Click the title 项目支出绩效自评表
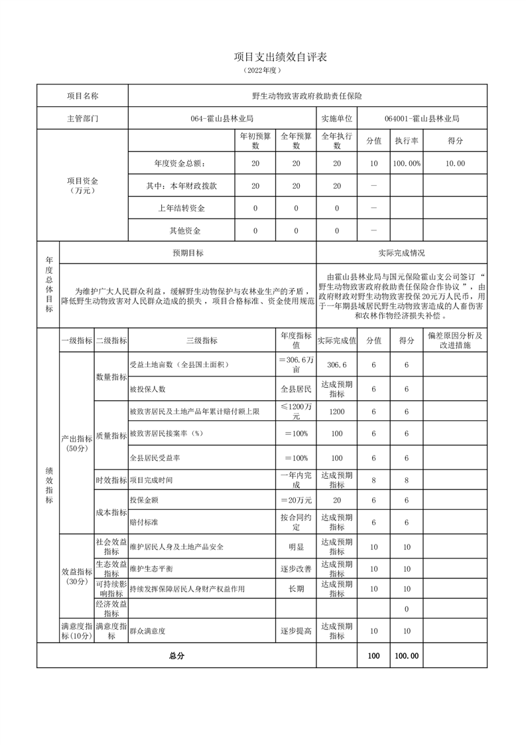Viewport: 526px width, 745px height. pos(281,57)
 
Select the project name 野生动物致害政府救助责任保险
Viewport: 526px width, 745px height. pos(307,96)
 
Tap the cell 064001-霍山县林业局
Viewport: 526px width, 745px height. pos(422,118)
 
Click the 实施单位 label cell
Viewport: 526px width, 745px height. pos(337,118)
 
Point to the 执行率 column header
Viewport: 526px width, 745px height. pos(406,141)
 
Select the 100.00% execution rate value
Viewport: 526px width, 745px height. pos(406,163)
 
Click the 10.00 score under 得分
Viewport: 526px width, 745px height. pos(455,163)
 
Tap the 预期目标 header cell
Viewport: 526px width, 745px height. pos(188,253)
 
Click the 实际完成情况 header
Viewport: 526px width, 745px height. pos(401,253)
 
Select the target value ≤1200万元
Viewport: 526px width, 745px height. pos(296,411)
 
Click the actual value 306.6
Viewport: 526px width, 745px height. pos(337,365)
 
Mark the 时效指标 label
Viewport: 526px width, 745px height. pos(111,479)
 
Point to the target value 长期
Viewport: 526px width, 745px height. pos(296,588)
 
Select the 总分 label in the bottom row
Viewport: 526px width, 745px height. pos(176,655)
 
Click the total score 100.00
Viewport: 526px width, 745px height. pos(406,655)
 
